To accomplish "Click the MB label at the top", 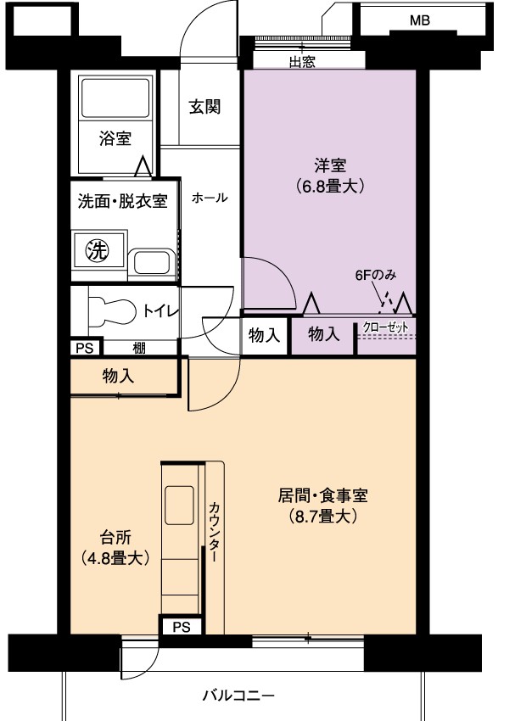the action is pyautogui.click(x=419, y=20).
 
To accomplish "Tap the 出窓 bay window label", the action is pyautogui.click(x=302, y=62).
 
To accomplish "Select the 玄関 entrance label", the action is pyautogui.click(x=204, y=107).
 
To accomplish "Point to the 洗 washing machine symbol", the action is pyautogui.click(x=98, y=250).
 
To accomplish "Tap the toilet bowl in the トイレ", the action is pyautogui.click(x=112, y=310).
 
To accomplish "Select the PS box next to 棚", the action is pyautogui.click(x=85, y=348).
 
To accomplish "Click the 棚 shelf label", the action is pyautogui.click(x=139, y=349).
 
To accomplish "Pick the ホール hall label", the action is pyautogui.click(x=210, y=198).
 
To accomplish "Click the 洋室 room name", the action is pyautogui.click(x=330, y=165).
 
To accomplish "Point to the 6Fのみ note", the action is pyautogui.click(x=375, y=275).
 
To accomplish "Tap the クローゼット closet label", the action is pyautogui.click(x=385, y=327).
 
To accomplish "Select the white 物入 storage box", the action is pyautogui.click(x=265, y=335).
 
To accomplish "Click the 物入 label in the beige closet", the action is pyautogui.click(x=118, y=376).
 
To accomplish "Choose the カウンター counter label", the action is pyautogui.click(x=214, y=532).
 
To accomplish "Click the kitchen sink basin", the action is pyautogui.click(x=179, y=505).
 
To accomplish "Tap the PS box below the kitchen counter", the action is pyautogui.click(x=182, y=627).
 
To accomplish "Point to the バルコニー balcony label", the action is pyautogui.click(x=238, y=695).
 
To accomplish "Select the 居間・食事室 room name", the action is pyautogui.click(x=322, y=495).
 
